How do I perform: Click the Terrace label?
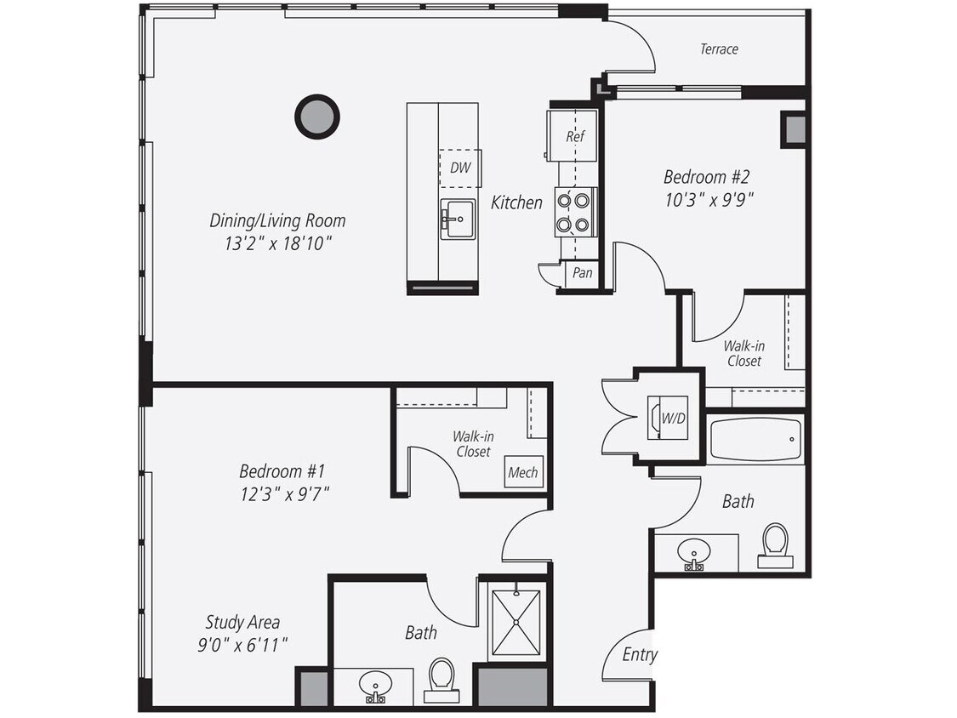coord(719,49)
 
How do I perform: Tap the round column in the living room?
coord(317,117)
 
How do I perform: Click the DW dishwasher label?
coord(459,168)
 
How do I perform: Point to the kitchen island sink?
coord(458,219)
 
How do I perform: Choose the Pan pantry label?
coord(582,273)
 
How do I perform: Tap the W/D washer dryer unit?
coord(668,418)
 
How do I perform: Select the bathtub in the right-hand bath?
coord(755,440)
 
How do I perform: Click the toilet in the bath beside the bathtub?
coord(775,544)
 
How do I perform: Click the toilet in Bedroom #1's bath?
coord(441,680)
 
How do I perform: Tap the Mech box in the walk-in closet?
coord(522,472)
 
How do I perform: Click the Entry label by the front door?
coord(639,654)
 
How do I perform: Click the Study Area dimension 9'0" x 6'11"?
coord(242,645)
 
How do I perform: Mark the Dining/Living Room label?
coord(277,221)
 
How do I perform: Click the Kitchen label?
coord(516,202)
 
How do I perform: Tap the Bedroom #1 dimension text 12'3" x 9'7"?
coord(282,493)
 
